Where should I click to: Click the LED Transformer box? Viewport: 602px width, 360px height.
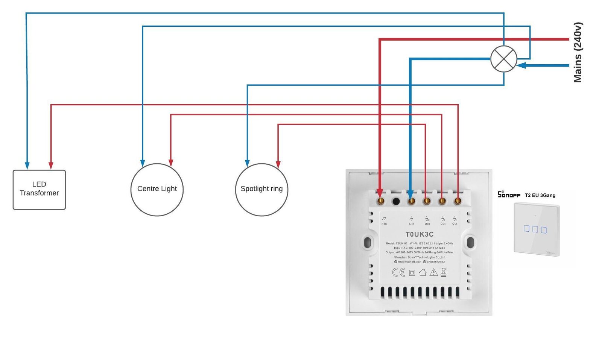tap(39, 190)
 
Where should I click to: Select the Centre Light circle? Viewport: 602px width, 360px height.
tap(157, 190)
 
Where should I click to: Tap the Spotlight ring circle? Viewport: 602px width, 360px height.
tap(261, 190)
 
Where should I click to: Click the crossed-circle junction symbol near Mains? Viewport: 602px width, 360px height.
tap(503, 59)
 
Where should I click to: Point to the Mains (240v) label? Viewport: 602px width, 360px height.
tap(578, 52)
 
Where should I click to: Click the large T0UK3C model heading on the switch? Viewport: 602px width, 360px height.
tap(419, 234)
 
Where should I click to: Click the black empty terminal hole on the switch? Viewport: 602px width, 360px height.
tap(396, 201)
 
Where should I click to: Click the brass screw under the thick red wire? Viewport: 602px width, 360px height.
tap(380, 201)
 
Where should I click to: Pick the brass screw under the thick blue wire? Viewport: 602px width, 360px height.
tap(411, 201)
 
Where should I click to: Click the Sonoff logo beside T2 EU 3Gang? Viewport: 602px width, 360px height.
tap(509, 194)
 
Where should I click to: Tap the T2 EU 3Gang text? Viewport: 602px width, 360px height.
tap(540, 195)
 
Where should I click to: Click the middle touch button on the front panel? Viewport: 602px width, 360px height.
tap(535, 229)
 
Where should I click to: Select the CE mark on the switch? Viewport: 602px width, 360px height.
tap(398, 272)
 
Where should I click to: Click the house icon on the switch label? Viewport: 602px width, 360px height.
tap(423, 272)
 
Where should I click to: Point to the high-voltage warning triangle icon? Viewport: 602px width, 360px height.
tap(433, 272)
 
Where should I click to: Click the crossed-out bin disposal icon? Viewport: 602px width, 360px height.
tap(444, 272)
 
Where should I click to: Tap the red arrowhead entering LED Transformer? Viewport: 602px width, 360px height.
tap(51, 166)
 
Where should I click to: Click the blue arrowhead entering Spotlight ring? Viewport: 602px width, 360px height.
tap(247, 163)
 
